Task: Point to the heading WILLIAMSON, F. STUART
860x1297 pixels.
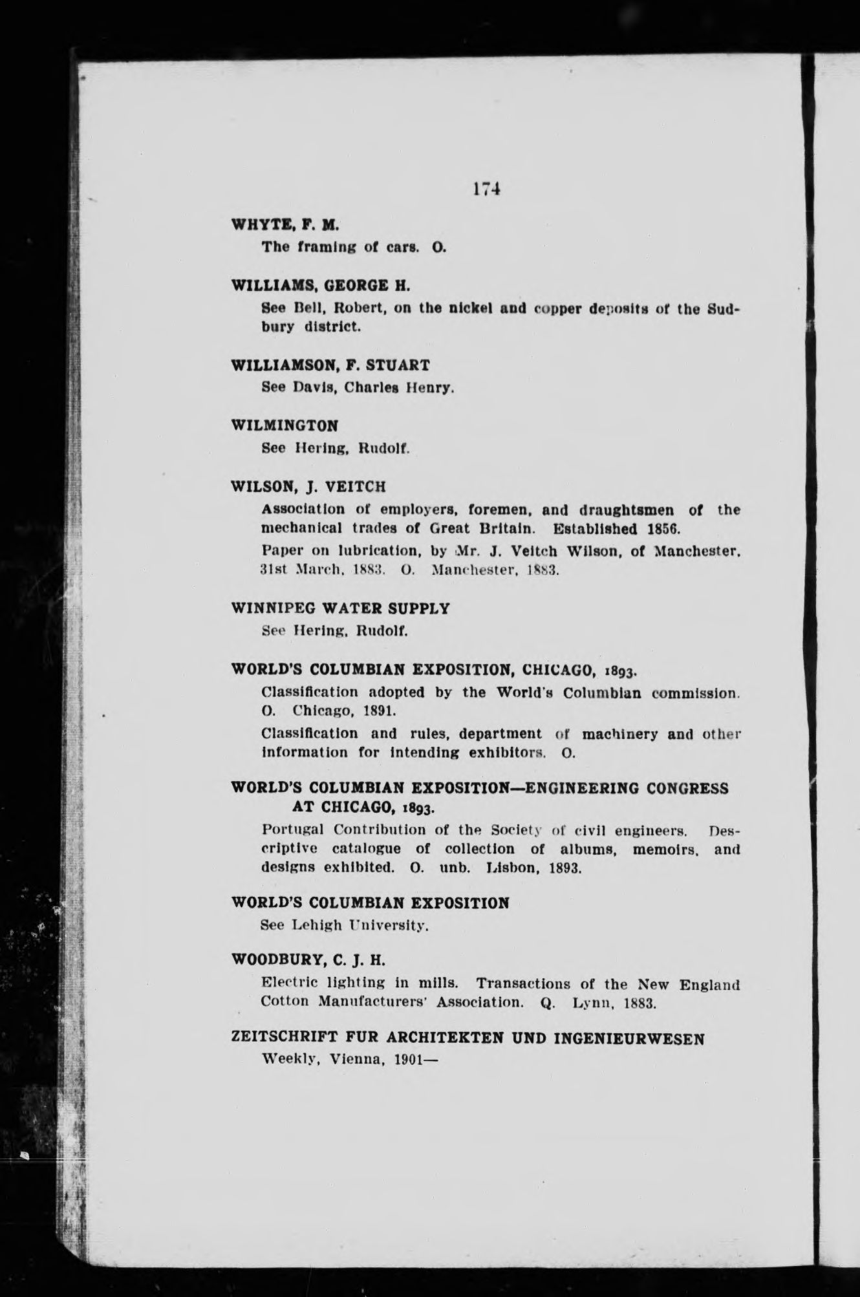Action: coord(330,365)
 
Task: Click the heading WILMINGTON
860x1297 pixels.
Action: coord(285,425)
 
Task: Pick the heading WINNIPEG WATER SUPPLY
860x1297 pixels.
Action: coord(340,608)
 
